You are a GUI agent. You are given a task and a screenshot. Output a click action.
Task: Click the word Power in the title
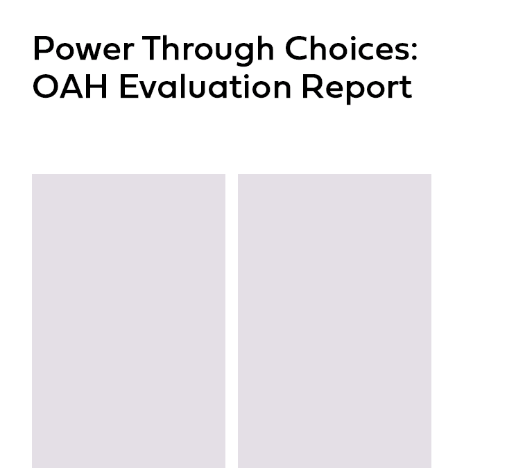(x=83, y=49)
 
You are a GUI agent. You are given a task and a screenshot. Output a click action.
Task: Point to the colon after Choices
(x=415, y=51)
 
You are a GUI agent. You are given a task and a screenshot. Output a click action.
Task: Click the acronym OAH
(x=70, y=86)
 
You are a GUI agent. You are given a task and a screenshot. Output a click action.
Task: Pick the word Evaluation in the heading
(x=206, y=86)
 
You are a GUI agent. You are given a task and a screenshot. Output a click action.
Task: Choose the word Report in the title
(x=357, y=89)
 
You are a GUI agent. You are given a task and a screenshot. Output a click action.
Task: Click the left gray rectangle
(x=129, y=321)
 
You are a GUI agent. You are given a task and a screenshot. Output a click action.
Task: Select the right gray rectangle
(x=335, y=321)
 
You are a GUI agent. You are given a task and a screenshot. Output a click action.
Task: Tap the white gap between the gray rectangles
(x=232, y=321)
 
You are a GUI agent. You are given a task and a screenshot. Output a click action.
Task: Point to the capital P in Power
(x=42, y=48)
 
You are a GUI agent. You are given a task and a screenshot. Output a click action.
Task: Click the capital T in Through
(x=153, y=48)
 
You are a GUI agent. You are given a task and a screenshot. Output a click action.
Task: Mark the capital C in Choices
(x=297, y=48)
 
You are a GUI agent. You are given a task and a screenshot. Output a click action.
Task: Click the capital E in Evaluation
(x=128, y=86)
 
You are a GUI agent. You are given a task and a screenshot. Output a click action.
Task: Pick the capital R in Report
(x=312, y=86)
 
